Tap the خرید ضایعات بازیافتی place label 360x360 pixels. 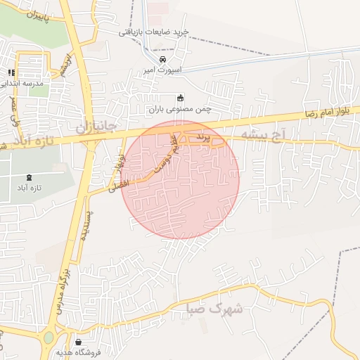click(x=153, y=31)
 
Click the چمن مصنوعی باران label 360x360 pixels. click(x=180, y=109)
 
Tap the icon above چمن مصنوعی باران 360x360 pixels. click(x=180, y=98)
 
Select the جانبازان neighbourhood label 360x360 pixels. click(x=90, y=127)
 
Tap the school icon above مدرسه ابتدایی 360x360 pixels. click(x=12, y=72)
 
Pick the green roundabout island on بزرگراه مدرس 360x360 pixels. click(x=49, y=337)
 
